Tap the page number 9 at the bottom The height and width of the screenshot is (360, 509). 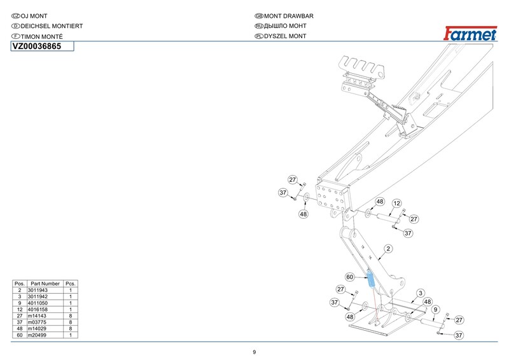[254, 352]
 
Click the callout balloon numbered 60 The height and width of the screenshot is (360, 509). [350, 277]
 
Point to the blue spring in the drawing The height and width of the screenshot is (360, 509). [370, 278]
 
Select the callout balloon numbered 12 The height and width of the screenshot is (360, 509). [396, 204]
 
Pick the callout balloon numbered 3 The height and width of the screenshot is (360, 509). [421, 293]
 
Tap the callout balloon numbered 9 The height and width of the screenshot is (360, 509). [435, 310]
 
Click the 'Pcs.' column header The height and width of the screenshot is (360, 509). [71, 284]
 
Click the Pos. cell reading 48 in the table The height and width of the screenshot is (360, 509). [20, 328]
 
